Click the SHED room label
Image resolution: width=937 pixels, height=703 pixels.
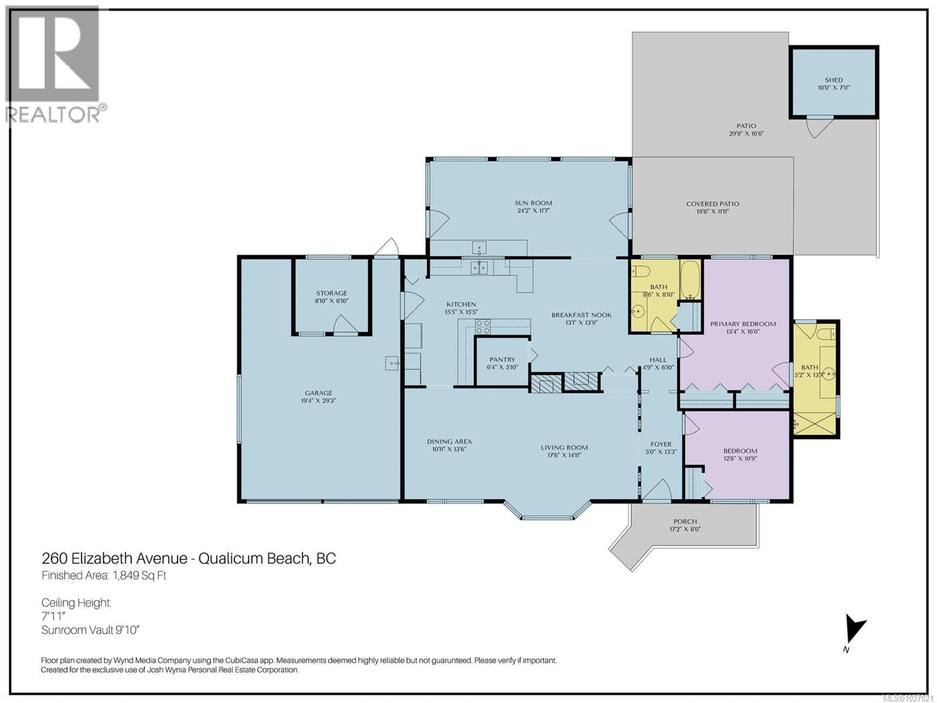click(833, 80)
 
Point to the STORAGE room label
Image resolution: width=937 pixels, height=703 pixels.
click(331, 293)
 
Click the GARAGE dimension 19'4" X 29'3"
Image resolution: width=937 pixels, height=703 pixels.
click(318, 401)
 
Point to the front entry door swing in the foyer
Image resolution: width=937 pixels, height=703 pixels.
click(657, 490)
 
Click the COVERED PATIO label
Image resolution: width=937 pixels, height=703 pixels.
click(713, 204)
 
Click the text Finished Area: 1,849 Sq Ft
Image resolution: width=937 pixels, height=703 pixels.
click(104, 575)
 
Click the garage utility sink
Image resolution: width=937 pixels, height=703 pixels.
click(391, 363)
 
